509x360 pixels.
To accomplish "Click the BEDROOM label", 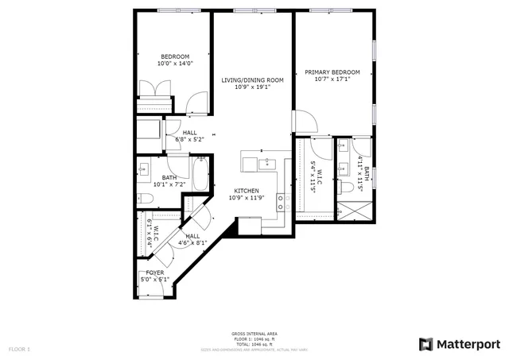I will pyautogui.click(x=174, y=56).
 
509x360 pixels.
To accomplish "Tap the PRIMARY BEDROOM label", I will pyautogui.click(x=332, y=72).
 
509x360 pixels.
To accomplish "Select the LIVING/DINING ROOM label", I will pyautogui.click(x=252, y=80).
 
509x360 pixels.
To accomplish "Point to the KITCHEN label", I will pyautogui.click(x=245, y=191).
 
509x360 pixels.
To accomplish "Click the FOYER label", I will pyautogui.click(x=154, y=273).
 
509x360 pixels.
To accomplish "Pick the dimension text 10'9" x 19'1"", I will pyautogui.click(x=252, y=87).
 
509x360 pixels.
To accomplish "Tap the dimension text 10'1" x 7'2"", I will pyautogui.click(x=169, y=184).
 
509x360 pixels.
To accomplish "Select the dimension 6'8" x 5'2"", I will pyautogui.click(x=190, y=140).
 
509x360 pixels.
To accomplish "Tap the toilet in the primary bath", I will pyautogui.click(x=348, y=188).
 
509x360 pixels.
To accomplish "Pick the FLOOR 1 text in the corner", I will pyautogui.click(x=19, y=349).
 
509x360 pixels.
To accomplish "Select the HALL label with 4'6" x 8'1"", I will pyautogui.click(x=193, y=236).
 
